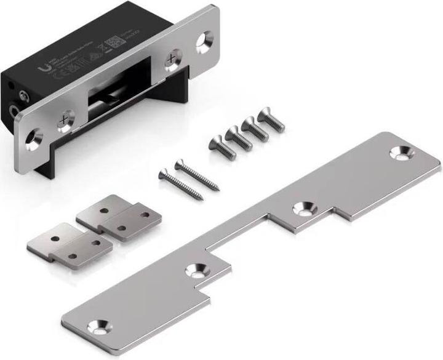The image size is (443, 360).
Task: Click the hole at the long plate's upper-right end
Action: pyautogui.click(x=405, y=153)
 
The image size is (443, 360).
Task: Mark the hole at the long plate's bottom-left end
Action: pyautogui.click(x=97, y=324)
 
